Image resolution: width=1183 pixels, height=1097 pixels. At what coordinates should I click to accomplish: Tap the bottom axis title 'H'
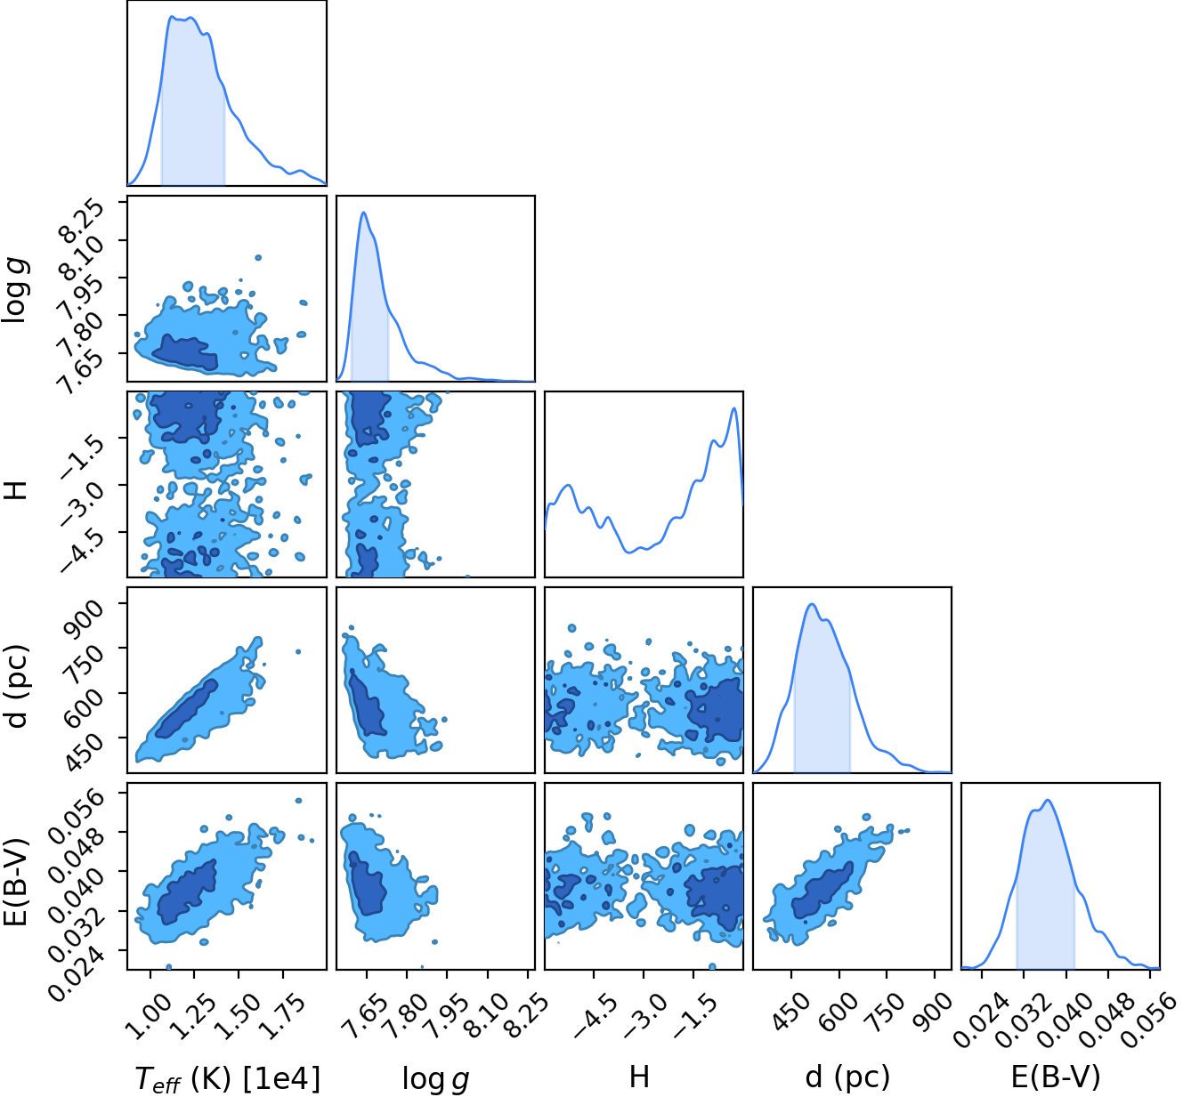639,1075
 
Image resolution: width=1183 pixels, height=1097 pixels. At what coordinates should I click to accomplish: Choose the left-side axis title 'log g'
17,290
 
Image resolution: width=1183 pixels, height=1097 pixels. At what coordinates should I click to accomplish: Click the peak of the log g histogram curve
363,213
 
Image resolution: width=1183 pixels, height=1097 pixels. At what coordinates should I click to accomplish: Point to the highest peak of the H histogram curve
733,408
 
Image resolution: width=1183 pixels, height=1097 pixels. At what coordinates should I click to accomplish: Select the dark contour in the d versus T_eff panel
186,709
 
